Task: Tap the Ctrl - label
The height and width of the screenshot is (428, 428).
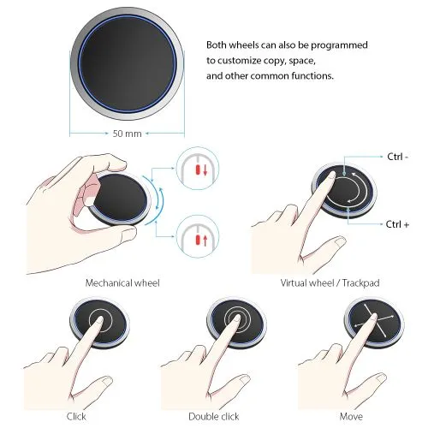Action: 398,157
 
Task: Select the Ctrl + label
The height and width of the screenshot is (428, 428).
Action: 397,224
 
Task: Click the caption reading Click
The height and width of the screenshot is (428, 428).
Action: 76,416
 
